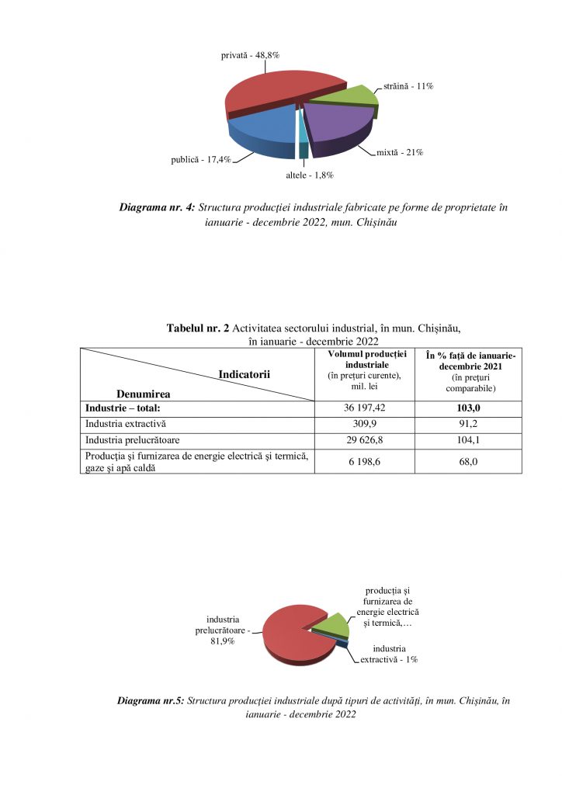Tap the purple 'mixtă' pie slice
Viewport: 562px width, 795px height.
click(x=334, y=124)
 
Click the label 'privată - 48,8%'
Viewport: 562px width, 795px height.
click(x=251, y=55)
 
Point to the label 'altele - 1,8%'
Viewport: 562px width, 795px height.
click(x=310, y=175)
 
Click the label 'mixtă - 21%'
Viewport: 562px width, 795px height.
click(x=400, y=152)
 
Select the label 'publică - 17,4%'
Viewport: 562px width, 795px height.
click(x=201, y=160)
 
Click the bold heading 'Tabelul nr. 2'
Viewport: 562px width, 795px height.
click(x=197, y=328)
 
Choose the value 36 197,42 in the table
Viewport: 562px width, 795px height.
click(x=365, y=408)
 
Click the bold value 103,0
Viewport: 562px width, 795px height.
click(x=468, y=408)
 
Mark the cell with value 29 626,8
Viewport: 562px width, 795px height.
click(x=365, y=442)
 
